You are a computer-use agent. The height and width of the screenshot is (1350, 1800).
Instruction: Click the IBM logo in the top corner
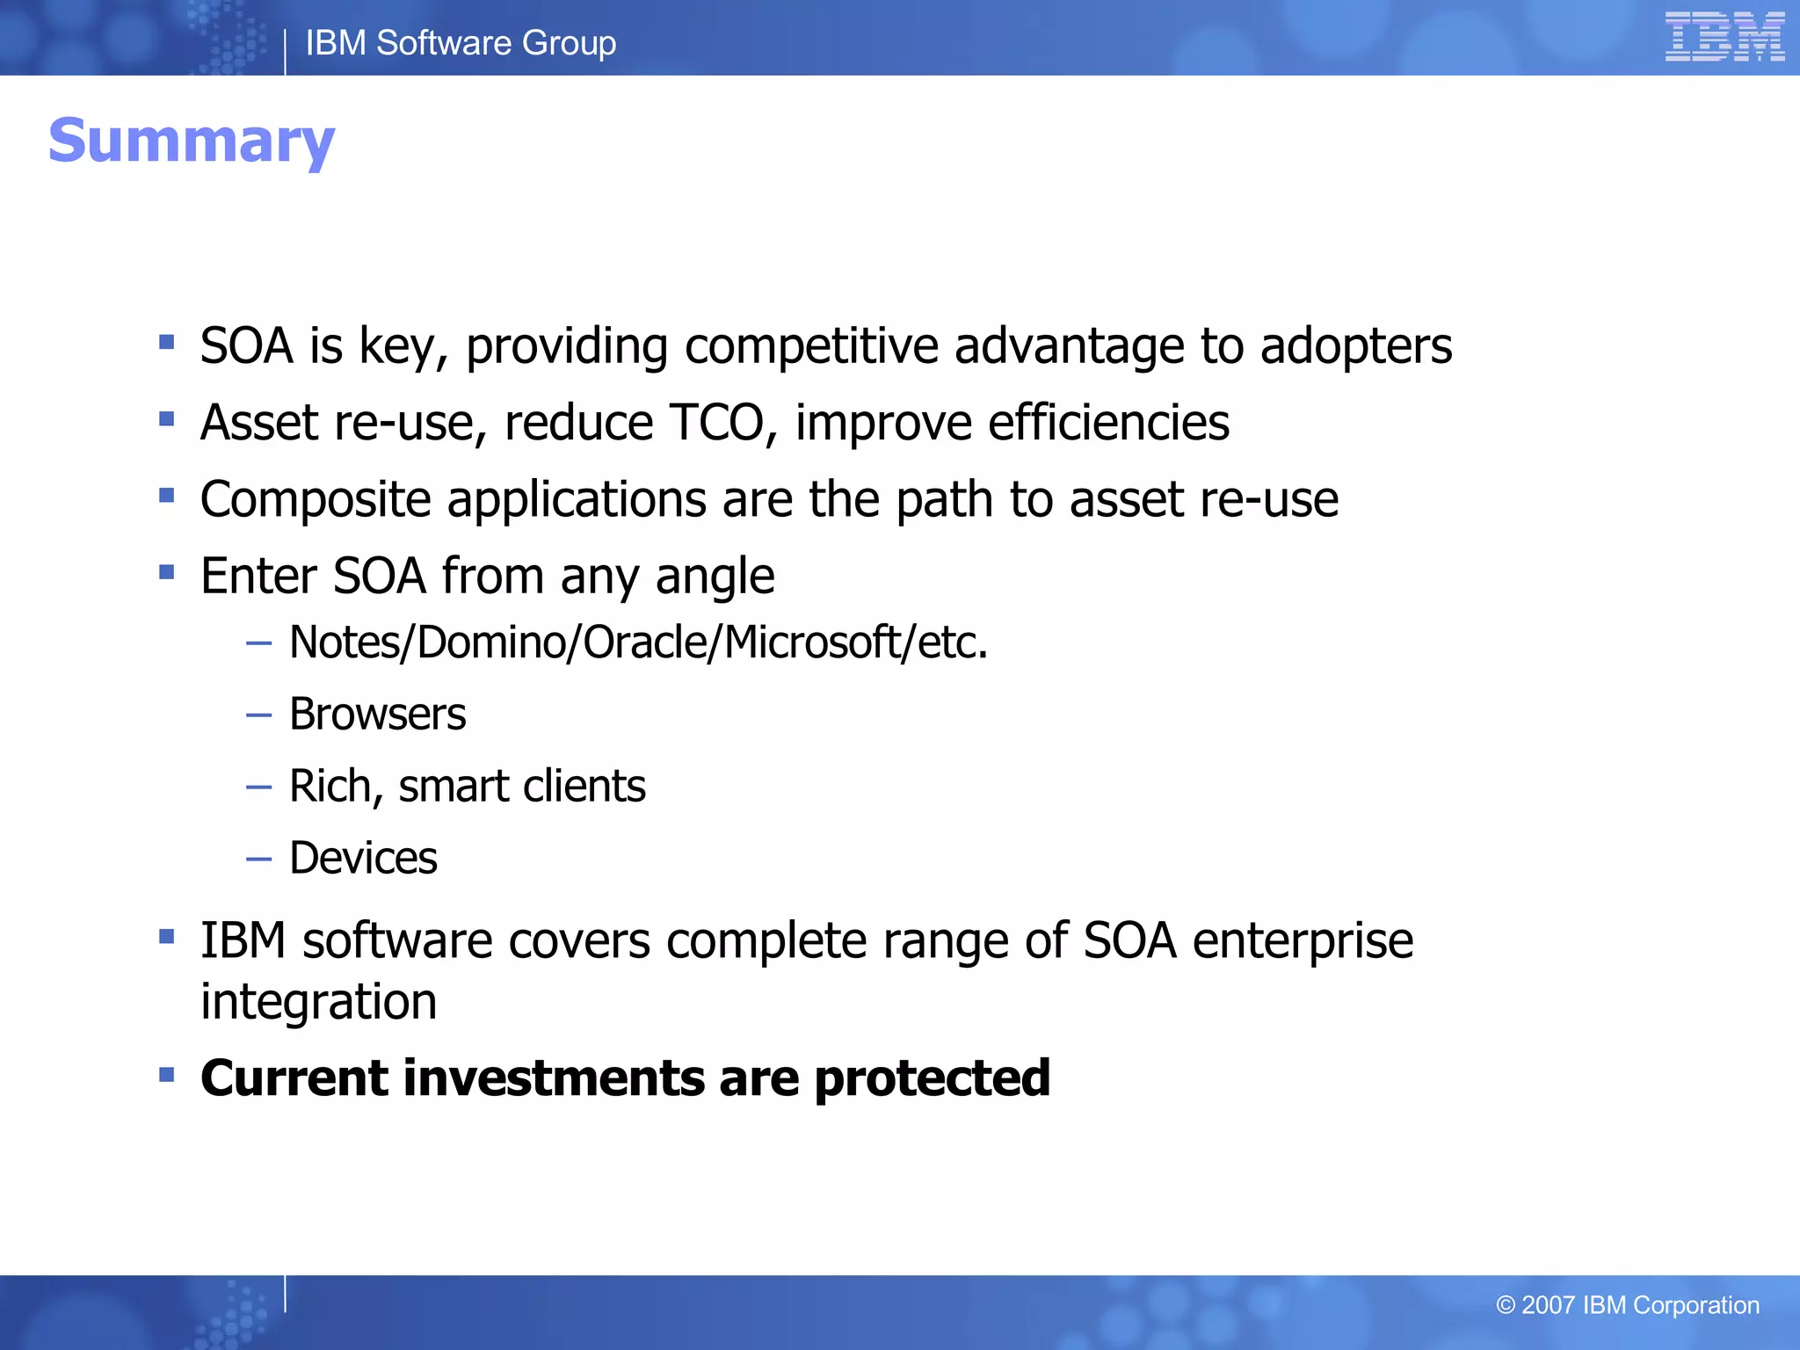coord(1724,37)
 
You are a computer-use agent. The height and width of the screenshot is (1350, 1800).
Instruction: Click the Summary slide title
coord(192,142)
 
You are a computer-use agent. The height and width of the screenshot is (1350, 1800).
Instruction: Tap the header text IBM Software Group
coord(461,43)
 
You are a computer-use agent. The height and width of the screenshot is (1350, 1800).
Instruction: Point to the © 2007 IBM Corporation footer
coord(1627,1305)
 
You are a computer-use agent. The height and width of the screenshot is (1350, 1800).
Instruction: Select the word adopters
coord(1355,346)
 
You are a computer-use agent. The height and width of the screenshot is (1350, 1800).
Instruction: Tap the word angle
coord(715,577)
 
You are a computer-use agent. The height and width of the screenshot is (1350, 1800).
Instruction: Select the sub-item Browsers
coord(377,714)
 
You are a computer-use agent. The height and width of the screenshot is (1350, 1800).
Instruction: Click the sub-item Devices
coord(363,858)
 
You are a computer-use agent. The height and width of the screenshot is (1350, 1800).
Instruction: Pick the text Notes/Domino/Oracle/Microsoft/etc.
coord(638,642)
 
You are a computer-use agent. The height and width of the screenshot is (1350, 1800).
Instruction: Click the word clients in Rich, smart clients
coord(584,786)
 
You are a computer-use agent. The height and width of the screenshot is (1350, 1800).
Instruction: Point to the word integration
coord(318,1002)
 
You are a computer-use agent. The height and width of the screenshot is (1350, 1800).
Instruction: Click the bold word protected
coord(932,1079)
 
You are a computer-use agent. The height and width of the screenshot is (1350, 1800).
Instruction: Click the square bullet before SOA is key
coord(167,341)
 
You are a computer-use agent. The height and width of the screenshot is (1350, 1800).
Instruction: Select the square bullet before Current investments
coord(167,1074)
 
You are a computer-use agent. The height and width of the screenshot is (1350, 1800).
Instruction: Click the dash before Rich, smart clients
coord(258,787)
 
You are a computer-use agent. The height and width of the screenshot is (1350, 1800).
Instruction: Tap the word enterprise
coord(1303,941)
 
